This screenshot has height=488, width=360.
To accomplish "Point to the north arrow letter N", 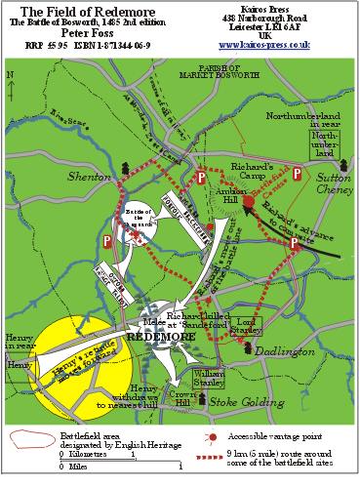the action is pos(9,73).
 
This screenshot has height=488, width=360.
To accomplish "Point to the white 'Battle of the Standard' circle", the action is pos(139,222).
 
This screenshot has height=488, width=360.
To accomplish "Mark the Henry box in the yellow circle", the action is pos(20,363).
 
